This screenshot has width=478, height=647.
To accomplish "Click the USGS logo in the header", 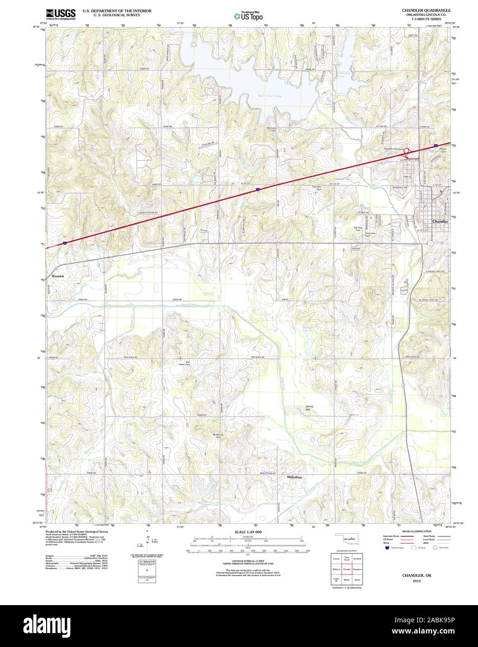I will pos(61,14).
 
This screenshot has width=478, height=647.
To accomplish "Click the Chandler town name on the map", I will pos(440,222).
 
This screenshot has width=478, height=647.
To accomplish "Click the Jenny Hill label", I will pos(309,407).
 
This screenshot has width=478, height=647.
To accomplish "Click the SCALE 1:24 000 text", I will pos(248,532).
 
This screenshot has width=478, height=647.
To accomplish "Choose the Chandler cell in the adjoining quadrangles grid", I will pos(347,569).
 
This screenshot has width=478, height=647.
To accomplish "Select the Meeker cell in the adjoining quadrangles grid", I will pos(347,580).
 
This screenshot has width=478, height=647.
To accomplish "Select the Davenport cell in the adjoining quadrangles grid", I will pos(357,569).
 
